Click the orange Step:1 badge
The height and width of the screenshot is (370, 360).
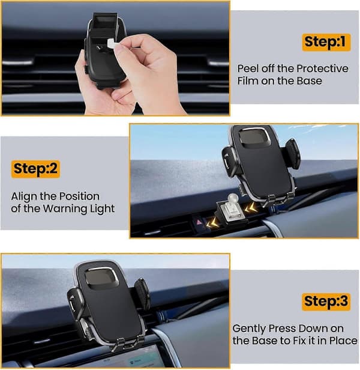pyautogui.click(x=326, y=42)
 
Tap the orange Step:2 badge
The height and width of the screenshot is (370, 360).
pyautogui.click(x=35, y=169)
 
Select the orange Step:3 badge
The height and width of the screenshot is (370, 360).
pyautogui.click(x=326, y=302)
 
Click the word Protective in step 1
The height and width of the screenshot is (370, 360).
pyautogui.click(x=322, y=68)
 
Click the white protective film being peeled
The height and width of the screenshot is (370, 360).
pyautogui.click(x=111, y=44)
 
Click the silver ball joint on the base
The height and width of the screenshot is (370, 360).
pyautogui.click(x=232, y=198)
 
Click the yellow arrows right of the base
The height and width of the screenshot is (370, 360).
pyautogui.click(x=251, y=208)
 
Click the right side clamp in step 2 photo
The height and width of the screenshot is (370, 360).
pyautogui.click(x=293, y=153)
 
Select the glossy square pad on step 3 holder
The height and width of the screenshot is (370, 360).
pyautogui.click(x=102, y=279)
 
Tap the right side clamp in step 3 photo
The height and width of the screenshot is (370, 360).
pyautogui.click(x=142, y=294)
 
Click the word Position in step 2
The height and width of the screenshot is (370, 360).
pyautogui.click(x=79, y=196)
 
